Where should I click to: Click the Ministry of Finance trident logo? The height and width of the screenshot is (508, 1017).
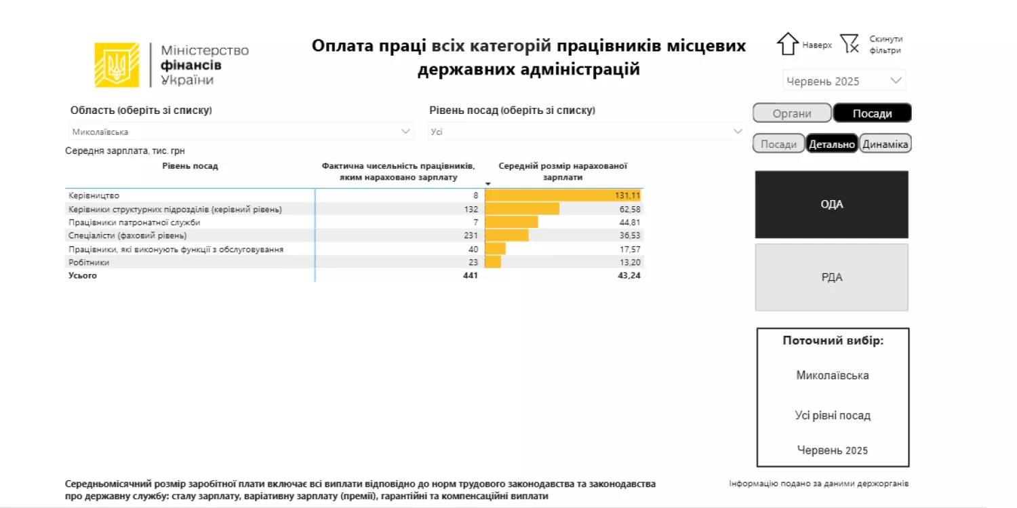[117, 65]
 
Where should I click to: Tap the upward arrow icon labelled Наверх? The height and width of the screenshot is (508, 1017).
[787, 44]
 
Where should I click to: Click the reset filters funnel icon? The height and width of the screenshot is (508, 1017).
[850, 44]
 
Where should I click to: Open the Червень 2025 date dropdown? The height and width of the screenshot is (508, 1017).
[844, 81]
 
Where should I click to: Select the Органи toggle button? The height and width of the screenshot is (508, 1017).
[792, 113]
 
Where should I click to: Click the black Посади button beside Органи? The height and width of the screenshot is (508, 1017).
[872, 113]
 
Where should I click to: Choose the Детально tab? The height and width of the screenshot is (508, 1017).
[832, 144]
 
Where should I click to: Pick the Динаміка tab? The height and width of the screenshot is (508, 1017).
[885, 144]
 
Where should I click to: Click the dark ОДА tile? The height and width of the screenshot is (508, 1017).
[831, 204]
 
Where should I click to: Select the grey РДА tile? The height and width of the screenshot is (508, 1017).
[831, 277]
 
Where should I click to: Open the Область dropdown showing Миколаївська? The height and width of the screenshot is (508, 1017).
[241, 132]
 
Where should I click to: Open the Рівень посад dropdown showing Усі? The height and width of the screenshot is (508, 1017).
[586, 132]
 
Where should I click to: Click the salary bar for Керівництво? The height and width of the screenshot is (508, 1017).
[562, 196]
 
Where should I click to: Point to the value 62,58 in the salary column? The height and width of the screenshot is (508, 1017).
[630, 210]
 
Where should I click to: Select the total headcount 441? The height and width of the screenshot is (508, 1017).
[470, 275]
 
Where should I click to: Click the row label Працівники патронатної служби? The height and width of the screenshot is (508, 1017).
[134, 222]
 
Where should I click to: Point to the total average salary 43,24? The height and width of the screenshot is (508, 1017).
[629, 275]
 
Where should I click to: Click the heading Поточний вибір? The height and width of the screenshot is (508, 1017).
[833, 340]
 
